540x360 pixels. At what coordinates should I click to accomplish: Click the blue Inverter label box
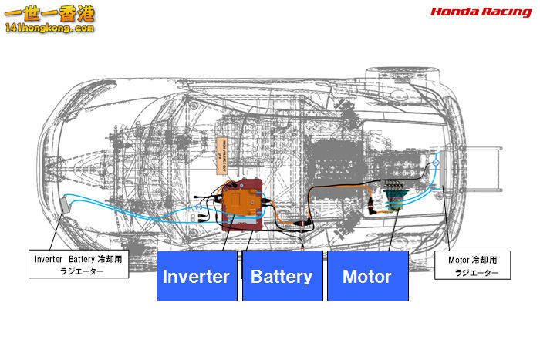196,276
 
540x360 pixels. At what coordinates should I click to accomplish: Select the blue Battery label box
282,276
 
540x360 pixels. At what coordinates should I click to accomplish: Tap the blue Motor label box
367,276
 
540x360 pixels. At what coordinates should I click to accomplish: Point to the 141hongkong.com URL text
49,27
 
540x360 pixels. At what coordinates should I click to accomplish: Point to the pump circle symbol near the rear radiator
436,165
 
